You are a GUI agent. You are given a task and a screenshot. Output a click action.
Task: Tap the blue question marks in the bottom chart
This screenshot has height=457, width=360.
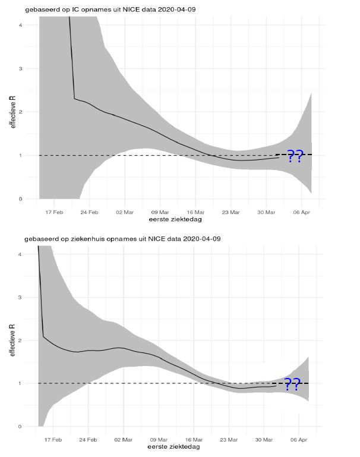click(x=292, y=384)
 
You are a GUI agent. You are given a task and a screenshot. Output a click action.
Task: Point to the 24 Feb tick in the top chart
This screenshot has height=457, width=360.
click(x=89, y=211)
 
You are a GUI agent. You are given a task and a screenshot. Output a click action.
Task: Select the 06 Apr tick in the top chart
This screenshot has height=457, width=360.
click(x=302, y=211)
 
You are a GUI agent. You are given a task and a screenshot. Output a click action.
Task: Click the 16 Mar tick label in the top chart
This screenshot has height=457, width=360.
click(x=195, y=211)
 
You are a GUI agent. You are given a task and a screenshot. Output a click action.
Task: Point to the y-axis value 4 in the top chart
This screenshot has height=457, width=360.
click(x=21, y=25)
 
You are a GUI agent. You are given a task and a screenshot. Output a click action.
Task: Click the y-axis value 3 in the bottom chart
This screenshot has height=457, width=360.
click(x=21, y=297)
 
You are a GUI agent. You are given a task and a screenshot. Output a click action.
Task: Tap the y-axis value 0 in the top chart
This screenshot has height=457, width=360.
click(x=21, y=199)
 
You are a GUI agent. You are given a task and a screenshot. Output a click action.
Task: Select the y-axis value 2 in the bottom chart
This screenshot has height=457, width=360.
click(x=21, y=341)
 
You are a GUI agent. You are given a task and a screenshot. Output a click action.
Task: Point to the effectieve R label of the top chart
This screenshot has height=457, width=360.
click(x=11, y=113)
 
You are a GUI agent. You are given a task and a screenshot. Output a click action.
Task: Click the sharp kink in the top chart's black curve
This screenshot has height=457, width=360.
click(x=74, y=99)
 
